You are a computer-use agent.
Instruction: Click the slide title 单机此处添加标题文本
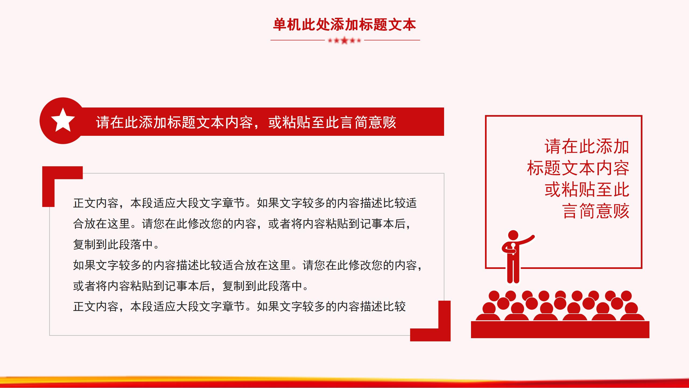click(x=344, y=25)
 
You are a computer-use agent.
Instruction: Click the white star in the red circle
click(x=63, y=120)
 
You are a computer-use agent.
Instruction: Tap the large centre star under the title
click(x=344, y=41)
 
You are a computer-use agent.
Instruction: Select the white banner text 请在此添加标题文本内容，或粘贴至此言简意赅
click(x=246, y=122)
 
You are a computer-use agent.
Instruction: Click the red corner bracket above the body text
click(x=48, y=186)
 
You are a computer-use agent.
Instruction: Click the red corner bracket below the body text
click(x=444, y=321)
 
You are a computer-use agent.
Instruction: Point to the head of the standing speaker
click(x=513, y=235)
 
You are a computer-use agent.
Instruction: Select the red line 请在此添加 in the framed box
click(x=587, y=147)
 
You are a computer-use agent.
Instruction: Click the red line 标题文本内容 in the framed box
click(x=578, y=168)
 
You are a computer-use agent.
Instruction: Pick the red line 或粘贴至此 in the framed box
click(x=587, y=190)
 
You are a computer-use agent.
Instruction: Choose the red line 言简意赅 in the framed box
click(x=596, y=211)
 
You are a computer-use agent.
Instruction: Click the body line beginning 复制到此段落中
click(x=116, y=245)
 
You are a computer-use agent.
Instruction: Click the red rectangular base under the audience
click(x=560, y=329)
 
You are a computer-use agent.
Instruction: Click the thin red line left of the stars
click(x=298, y=40)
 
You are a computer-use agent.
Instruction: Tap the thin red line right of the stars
click(x=392, y=40)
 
